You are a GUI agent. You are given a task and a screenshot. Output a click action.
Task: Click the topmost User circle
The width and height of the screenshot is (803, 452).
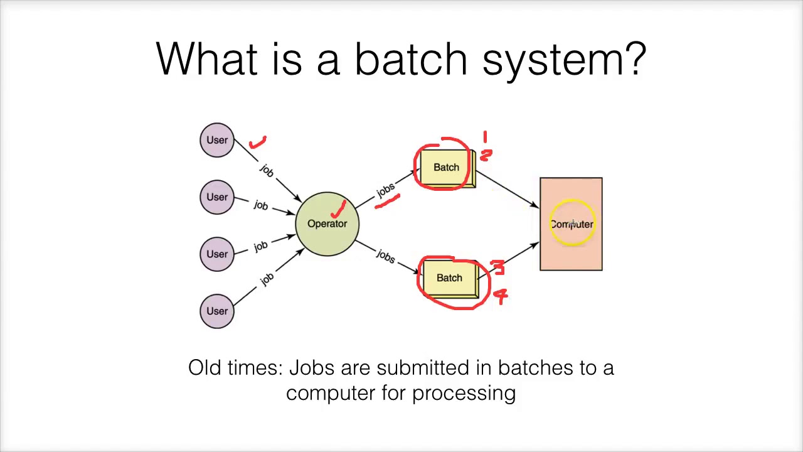[217, 140]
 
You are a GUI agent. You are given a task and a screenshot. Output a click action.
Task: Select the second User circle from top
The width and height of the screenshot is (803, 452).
[217, 197]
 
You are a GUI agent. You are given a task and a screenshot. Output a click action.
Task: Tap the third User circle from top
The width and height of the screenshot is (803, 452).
[217, 254]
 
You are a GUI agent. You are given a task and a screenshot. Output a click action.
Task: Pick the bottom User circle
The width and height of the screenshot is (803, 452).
[217, 311]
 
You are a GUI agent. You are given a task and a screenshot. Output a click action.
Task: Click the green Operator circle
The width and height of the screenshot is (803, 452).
[327, 224]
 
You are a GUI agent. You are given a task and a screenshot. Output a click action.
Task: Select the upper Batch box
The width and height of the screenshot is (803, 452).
[447, 168]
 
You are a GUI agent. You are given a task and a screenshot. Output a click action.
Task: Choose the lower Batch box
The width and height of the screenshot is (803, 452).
[449, 278]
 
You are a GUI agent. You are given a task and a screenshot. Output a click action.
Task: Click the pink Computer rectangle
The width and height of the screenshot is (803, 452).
[571, 224]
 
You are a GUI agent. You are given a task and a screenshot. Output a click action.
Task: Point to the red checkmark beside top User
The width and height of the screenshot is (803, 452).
[258, 143]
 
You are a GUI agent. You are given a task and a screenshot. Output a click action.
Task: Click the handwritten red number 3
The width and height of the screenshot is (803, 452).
[498, 268]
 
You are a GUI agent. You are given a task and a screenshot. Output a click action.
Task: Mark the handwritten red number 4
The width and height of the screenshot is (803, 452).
[501, 295]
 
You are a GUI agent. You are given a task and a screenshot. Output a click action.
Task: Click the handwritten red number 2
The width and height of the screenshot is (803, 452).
[487, 154]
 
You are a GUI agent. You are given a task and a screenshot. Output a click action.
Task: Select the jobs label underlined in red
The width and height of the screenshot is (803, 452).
[385, 189]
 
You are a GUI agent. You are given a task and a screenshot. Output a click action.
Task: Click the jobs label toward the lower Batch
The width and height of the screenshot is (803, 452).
[385, 256]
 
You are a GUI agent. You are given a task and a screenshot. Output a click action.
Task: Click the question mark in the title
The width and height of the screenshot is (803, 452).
[635, 59]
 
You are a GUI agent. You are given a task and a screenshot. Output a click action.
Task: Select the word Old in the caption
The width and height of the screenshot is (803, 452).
[204, 368]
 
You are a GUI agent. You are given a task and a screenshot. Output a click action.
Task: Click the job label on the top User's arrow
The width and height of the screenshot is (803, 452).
[267, 170]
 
